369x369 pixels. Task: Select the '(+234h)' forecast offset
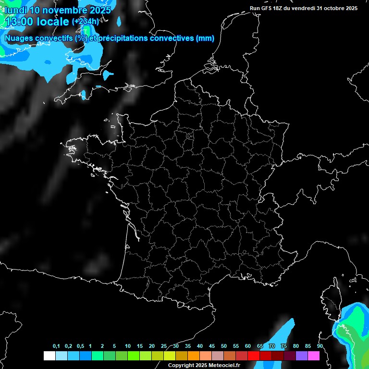[85, 22]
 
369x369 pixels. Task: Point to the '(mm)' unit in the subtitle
[205, 38]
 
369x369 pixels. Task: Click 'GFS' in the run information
[268, 8]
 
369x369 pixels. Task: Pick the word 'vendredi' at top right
[304, 8]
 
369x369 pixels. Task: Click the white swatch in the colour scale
[49, 356]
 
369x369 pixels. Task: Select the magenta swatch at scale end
[314, 356]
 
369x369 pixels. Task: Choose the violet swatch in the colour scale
[302, 356]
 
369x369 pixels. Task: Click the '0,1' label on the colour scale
[56, 346]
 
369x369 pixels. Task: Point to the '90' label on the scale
[320, 346]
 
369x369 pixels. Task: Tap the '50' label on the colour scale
[224, 346]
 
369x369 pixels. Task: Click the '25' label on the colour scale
[164, 346]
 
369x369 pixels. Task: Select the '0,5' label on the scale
[80, 346]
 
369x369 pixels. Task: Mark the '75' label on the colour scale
[284, 346]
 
